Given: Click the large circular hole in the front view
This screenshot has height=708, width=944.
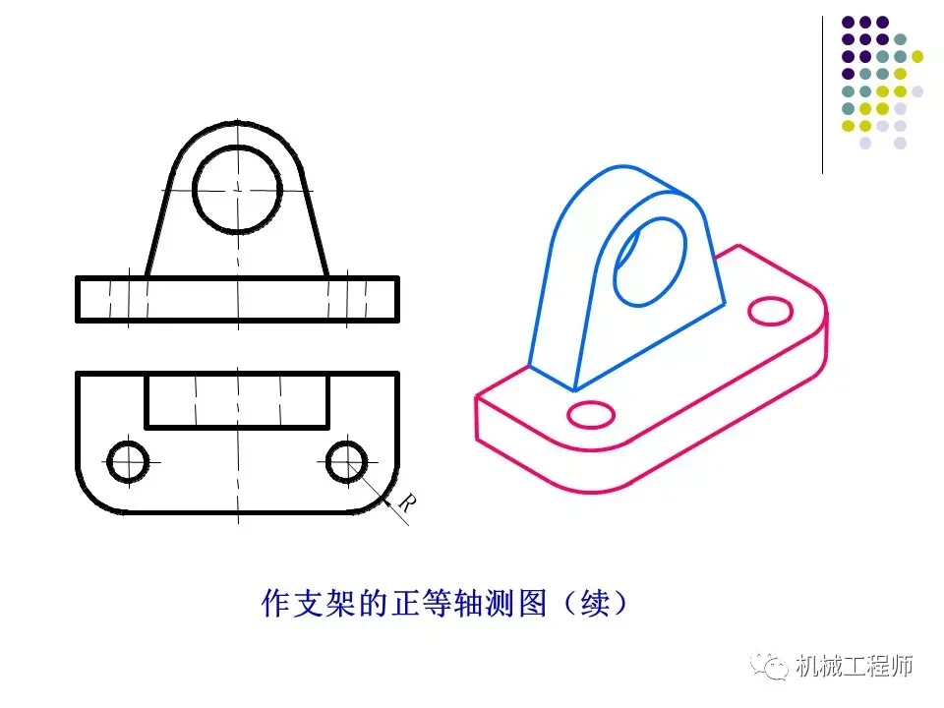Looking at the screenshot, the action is point(237,188).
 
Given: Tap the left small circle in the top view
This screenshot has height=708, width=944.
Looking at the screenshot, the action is point(127,461).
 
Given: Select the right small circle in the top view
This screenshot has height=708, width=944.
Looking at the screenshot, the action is point(346,461).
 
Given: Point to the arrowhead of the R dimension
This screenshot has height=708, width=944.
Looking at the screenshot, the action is point(366,479).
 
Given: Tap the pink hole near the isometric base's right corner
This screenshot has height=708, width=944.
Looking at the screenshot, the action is point(770,311).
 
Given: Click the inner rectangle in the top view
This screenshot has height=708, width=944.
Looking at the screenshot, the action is point(237,400).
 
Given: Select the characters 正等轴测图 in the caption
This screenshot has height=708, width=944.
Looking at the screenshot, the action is point(442,602).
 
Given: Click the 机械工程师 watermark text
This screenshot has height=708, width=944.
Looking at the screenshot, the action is point(854,666).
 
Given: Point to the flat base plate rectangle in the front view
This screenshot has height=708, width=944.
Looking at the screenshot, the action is point(237,299).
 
